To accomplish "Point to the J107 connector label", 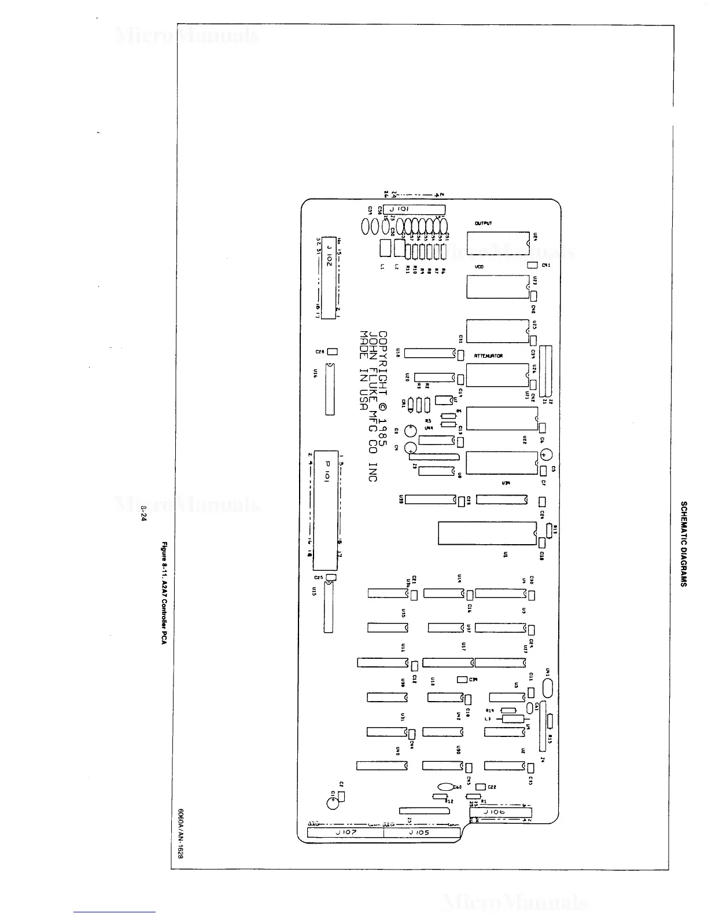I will pyautogui.click(x=346, y=832).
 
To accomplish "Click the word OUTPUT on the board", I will pyautogui.click(x=483, y=223).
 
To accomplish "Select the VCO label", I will pyautogui.click(x=479, y=267).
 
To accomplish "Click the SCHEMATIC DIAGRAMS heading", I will pyautogui.click(x=683, y=544).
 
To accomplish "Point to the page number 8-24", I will pyautogui.click(x=143, y=513).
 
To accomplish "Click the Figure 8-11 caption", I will pyautogui.click(x=164, y=593).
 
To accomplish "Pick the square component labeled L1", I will pyautogui.click(x=385, y=248).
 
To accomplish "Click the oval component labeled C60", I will pyautogui.click(x=445, y=787).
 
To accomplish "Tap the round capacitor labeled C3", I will pyautogui.click(x=411, y=430).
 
